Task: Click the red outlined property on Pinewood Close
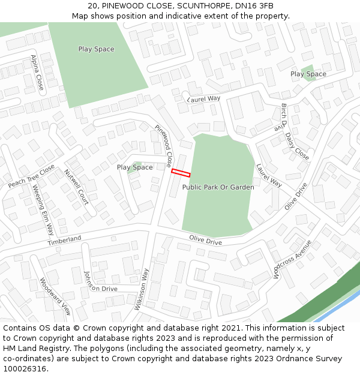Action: tap(181, 173)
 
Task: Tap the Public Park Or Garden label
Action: tap(218, 187)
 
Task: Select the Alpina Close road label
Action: tap(37, 73)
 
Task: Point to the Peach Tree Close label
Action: tap(31, 176)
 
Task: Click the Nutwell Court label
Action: tap(76, 187)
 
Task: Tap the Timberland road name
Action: tap(64, 240)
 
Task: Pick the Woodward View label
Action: tap(55, 297)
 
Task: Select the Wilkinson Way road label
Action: tap(142, 289)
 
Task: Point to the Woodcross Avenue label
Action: tap(292, 258)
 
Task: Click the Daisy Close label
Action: tap(297, 146)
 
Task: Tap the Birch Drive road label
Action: tap(281, 117)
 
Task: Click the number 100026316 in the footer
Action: tap(25, 368)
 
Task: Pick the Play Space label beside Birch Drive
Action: tap(308, 74)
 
